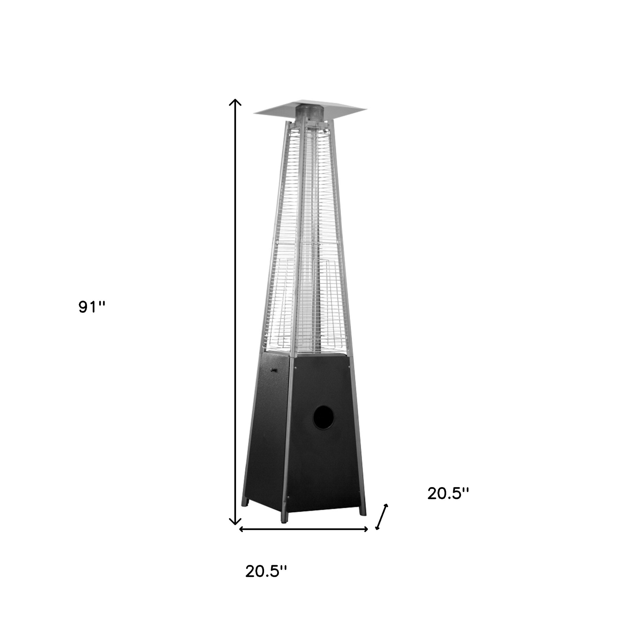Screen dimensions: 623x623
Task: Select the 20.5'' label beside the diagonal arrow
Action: click(448, 503)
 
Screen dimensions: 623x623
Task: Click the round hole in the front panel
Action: click(324, 418)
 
